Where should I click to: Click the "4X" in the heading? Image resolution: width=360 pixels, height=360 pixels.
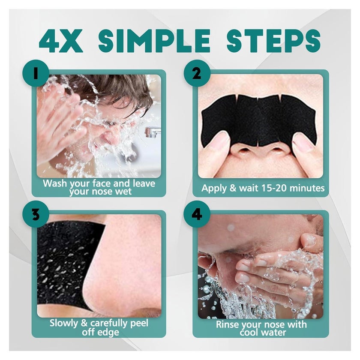(x=61, y=41)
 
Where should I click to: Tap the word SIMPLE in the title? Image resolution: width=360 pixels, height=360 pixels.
(x=154, y=41)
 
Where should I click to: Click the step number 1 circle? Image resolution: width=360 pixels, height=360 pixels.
(x=36, y=73)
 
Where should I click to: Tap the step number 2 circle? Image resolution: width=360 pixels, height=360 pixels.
(x=197, y=73)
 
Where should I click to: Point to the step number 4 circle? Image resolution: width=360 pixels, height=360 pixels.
(x=197, y=214)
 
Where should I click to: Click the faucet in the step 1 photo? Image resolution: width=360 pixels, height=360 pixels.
(x=153, y=132)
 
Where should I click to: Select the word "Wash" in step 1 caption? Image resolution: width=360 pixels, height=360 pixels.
(x=54, y=183)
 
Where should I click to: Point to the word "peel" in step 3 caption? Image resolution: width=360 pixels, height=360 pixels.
(x=139, y=324)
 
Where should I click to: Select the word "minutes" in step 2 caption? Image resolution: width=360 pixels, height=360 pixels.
(x=307, y=188)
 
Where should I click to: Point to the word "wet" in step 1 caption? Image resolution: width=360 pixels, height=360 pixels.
(x=123, y=191)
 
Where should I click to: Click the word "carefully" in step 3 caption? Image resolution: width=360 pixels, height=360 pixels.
(x=109, y=324)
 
